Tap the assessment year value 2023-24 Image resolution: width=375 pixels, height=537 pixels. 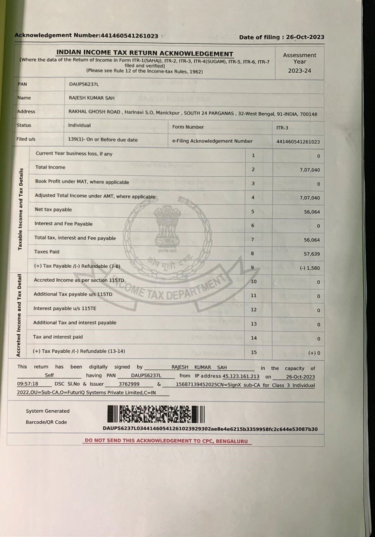pyautogui.click(x=299, y=71)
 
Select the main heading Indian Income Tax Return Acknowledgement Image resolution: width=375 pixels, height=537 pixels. pyautogui.click(x=145, y=53)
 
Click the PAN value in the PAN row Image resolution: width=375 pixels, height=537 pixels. pyautogui.click(x=84, y=84)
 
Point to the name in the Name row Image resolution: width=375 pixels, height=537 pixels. pyautogui.click(x=92, y=98)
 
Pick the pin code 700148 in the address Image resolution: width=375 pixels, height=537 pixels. pyautogui.click(x=308, y=114)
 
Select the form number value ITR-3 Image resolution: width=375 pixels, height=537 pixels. pyautogui.click(x=282, y=128)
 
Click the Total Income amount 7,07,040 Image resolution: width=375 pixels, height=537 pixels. pyautogui.click(x=310, y=170)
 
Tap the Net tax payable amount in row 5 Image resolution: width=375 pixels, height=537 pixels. pyautogui.click(x=312, y=212)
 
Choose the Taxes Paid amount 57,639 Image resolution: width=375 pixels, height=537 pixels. pyautogui.click(x=312, y=254)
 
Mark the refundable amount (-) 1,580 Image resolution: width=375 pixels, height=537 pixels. pyautogui.click(x=310, y=268)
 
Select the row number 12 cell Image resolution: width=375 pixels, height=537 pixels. pyautogui.click(x=254, y=310)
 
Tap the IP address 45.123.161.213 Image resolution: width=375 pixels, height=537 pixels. pyautogui.click(x=241, y=376)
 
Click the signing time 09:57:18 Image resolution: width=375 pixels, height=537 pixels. pyautogui.click(x=28, y=384)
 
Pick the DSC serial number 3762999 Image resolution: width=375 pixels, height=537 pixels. pyautogui.click(x=129, y=384)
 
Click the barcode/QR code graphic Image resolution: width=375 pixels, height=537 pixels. pyautogui.click(x=156, y=414)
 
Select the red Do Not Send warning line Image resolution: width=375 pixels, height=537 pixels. pyautogui.click(x=166, y=441)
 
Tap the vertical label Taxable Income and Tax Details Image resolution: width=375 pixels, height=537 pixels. pyautogui.click(x=21, y=209)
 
